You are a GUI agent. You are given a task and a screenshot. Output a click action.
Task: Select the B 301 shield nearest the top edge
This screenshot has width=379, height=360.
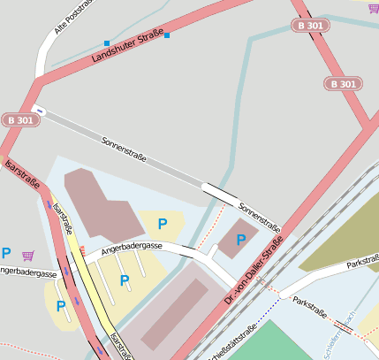coord(310,26)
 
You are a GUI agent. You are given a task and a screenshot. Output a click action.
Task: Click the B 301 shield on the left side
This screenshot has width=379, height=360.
coord(20,119)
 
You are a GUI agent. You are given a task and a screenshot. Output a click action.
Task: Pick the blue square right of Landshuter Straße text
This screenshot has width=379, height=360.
coord(167,36)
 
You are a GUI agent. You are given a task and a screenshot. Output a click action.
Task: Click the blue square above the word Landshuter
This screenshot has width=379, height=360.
coord(107,42)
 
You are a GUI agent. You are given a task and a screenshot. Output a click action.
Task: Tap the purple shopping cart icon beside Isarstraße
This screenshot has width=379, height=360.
coord(29,256)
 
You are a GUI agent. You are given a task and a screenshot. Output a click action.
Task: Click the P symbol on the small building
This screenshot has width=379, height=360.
coord(241,240)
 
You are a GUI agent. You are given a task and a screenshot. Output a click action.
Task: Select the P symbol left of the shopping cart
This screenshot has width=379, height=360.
coord(6,253)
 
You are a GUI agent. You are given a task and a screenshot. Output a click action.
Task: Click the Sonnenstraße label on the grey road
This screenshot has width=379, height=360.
coord(124,153)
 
